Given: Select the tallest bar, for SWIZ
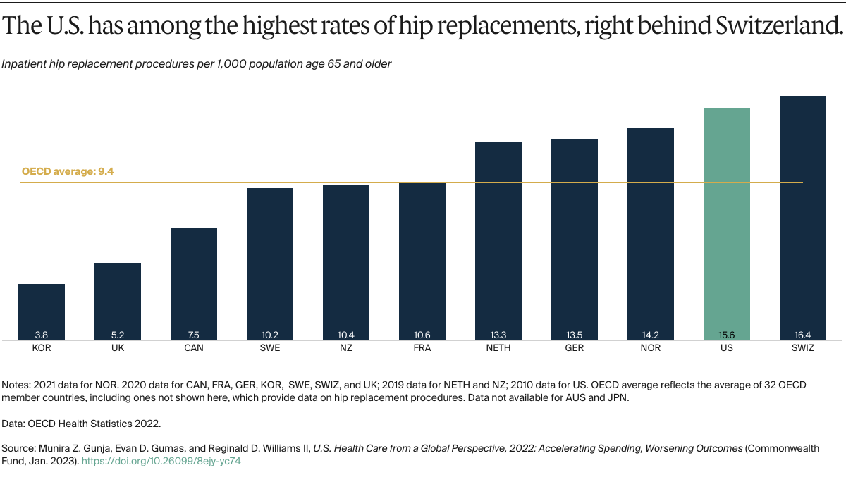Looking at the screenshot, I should pyautogui.click(x=802, y=218).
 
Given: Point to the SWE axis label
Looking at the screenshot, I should pyautogui.click(x=270, y=348).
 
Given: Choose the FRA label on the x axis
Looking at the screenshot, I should pyautogui.click(x=422, y=348).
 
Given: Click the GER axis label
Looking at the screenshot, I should pyautogui.click(x=575, y=348).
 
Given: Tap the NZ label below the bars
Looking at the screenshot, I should pyautogui.click(x=346, y=348).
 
